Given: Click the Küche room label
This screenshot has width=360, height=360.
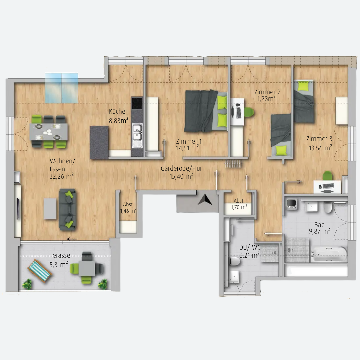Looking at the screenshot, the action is point(117,111).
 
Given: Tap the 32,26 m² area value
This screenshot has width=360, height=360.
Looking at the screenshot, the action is point(62,176).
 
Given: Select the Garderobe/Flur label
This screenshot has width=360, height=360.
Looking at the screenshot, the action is point(181,169).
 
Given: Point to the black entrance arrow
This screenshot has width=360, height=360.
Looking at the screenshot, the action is point(205,200).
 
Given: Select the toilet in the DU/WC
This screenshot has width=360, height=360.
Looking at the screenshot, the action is point(235,261).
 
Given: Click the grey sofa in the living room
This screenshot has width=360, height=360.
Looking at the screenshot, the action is point(67,210).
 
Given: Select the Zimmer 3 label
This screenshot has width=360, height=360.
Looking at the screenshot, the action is point(319,139).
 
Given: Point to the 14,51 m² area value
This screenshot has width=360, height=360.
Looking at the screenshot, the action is point(187,148).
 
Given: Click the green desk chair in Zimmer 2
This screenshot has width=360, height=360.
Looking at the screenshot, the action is point(249,112).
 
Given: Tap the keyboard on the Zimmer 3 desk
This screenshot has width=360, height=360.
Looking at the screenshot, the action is point(328,186).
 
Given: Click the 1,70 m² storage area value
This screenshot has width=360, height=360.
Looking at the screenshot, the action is point(239,207).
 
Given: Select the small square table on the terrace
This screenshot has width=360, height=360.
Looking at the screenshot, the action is point(87,268).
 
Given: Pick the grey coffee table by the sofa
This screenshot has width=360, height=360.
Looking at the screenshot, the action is point(50,209).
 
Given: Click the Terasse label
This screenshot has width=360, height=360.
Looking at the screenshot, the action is point(60,256).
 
